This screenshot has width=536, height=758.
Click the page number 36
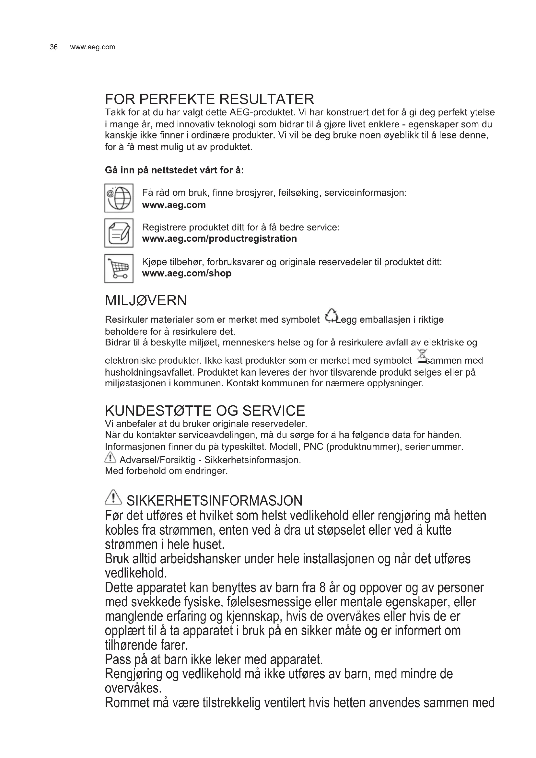tap(53, 47)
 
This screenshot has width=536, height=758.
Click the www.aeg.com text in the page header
tap(92, 47)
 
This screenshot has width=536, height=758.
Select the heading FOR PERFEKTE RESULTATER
tap(209, 99)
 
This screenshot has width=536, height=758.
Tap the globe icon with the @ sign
tap(119, 198)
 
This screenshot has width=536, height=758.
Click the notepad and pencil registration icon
tap(119, 233)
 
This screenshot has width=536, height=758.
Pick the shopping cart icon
tap(119, 268)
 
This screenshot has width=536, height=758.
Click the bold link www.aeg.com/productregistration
tap(219, 239)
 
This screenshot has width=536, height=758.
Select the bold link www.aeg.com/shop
tap(186, 274)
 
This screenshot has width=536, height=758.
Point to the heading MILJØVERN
tap(146, 300)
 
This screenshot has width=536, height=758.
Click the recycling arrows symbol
tap(331, 315)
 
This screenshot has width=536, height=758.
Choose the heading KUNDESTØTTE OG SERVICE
tap(204, 411)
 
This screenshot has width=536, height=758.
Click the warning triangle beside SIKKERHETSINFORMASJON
tap(113, 497)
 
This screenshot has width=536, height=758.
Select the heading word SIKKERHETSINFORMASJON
tap(214, 501)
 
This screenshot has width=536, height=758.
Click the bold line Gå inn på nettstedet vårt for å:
tap(174, 170)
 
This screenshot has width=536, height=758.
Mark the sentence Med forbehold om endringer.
tap(166, 471)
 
